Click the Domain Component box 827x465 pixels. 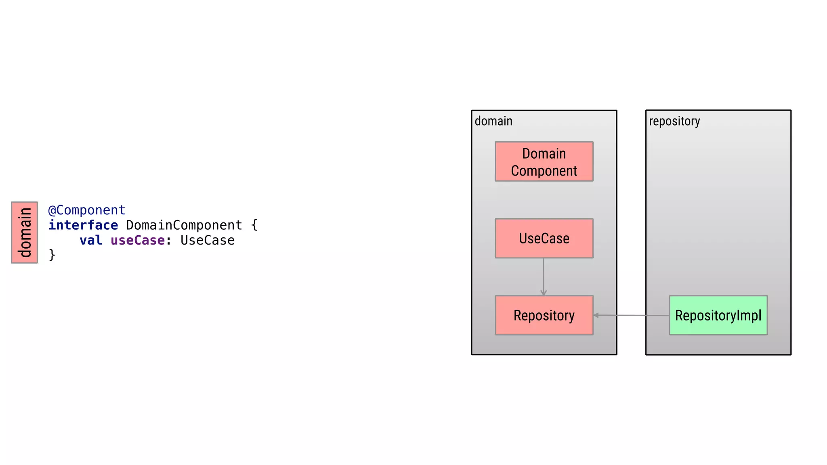tap(544, 161)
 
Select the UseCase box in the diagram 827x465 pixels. tap(544, 238)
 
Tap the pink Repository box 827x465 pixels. tap(544, 315)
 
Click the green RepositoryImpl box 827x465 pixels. tap(718, 315)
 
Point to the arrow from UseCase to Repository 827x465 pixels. tap(544, 276)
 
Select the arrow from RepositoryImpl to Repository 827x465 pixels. tap(632, 315)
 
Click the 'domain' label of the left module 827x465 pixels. tap(493, 121)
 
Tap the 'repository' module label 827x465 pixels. tap(674, 121)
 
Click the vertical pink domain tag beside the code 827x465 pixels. tap(25, 232)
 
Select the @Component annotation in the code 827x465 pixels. tap(87, 210)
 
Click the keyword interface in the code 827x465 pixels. tap(83, 225)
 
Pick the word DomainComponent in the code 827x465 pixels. tap(184, 225)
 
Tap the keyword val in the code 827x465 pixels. tap(91, 241)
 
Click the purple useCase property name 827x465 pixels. tap(137, 241)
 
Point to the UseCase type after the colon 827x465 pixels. tap(208, 241)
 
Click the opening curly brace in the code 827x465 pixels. tap(254, 225)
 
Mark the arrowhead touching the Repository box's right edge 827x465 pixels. tap(596, 315)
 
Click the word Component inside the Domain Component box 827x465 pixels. tap(544, 171)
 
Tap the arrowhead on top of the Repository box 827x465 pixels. tap(544, 293)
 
